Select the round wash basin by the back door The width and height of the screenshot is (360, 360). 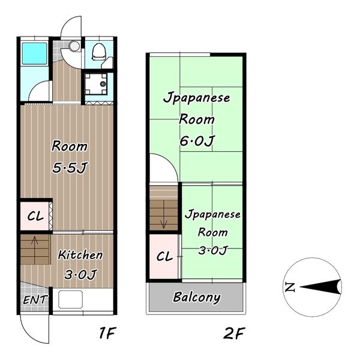(74, 46)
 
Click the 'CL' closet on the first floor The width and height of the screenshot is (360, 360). (35, 217)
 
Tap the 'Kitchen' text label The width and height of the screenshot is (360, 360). (80, 255)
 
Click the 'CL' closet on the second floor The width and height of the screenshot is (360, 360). (164, 256)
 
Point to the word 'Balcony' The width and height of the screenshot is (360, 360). (196, 297)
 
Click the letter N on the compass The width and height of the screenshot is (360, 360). (290, 287)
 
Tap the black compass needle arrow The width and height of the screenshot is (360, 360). (321, 287)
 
